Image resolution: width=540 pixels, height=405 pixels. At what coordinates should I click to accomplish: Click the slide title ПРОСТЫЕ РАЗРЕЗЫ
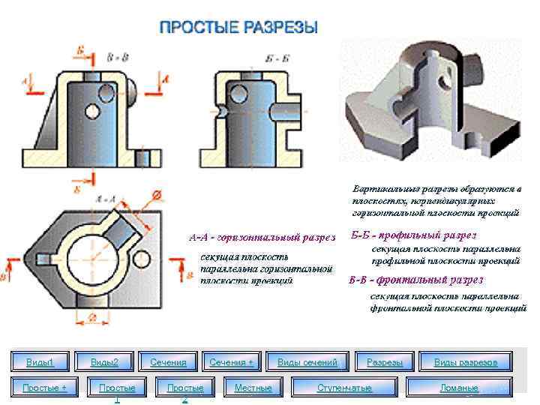tap(239, 28)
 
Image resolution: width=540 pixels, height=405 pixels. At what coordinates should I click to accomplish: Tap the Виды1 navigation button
tap(40, 363)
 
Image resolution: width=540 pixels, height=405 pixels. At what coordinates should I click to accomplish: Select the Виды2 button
tap(104, 363)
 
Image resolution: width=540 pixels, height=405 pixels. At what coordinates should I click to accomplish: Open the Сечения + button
tap(231, 363)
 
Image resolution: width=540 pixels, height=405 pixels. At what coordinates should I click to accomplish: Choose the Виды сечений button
tap(307, 363)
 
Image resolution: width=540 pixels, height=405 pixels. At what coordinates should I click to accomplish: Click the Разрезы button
tap(385, 363)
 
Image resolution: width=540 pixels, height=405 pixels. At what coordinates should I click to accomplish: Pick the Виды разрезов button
tap(465, 363)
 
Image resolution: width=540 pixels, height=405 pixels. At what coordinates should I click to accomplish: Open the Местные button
tap(253, 388)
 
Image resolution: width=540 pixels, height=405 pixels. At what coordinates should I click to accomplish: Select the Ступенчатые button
tap(344, 388)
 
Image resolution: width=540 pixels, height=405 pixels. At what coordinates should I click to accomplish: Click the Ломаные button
tap(459, 388)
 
